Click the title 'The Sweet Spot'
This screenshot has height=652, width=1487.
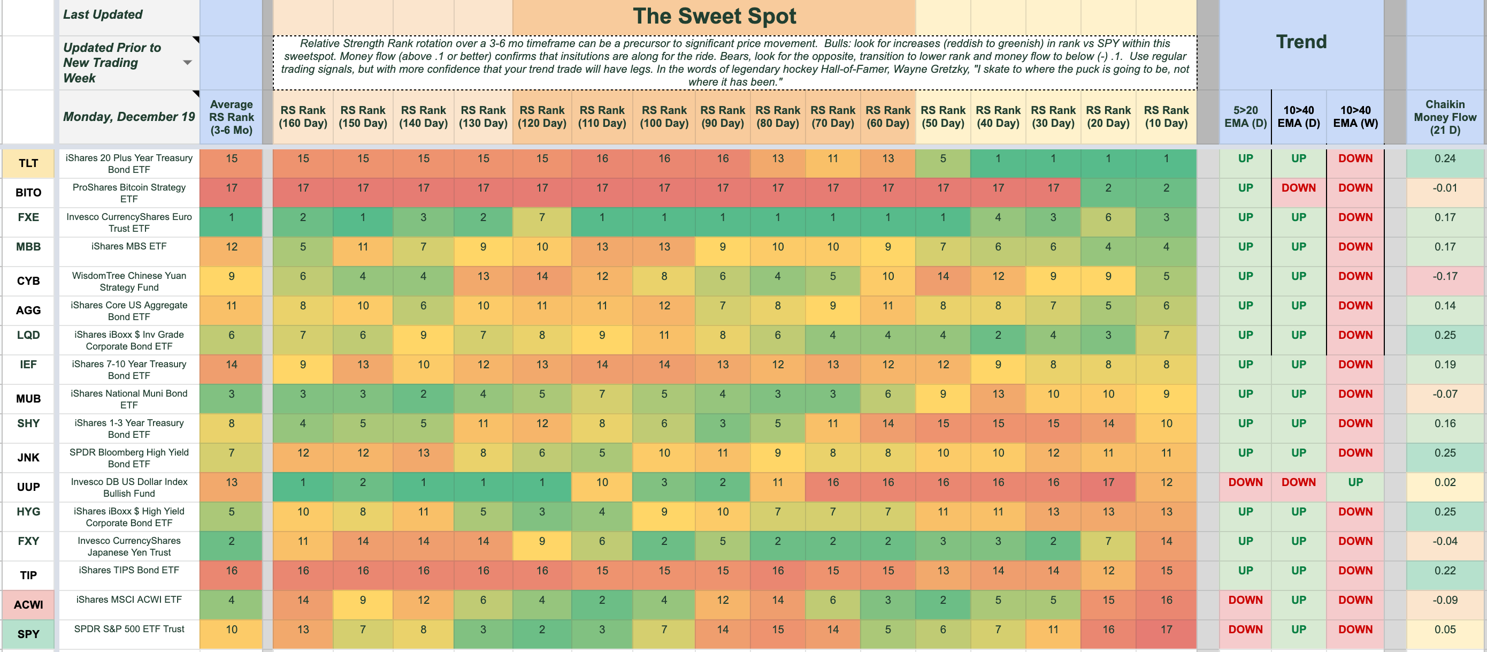[x=714, y=16]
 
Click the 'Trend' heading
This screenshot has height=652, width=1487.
[x=1300, y=42]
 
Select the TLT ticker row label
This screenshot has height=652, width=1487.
[x=28, y=163]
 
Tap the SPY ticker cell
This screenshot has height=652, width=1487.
[x=28, y=634]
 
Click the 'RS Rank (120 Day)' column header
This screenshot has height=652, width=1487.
[x=541, y=117]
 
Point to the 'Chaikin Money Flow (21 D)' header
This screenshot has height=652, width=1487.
[x=1445, y=117]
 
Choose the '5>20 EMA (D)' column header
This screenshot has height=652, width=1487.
[x=1245, y=117]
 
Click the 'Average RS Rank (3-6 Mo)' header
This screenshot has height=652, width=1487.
[x=231, y=117]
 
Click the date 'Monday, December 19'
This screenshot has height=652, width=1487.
[x=129, y=117]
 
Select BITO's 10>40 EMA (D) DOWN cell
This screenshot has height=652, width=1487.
[x=1298, y=188]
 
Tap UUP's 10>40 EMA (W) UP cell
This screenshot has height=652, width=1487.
[x=1355, y=482]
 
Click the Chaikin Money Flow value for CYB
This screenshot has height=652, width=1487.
[x=1445, y=276]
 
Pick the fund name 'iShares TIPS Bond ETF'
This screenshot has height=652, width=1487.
[x=129, y=570]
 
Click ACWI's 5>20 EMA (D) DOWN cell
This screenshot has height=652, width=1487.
[x=1245, y=600]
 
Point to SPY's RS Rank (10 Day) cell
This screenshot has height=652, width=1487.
[x=1166, y=630]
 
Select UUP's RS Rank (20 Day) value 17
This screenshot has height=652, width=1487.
[x=1108, y=482]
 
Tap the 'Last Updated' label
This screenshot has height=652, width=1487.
[x=103, y=14]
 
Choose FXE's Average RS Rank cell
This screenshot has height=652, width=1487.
[x=231, y=218]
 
